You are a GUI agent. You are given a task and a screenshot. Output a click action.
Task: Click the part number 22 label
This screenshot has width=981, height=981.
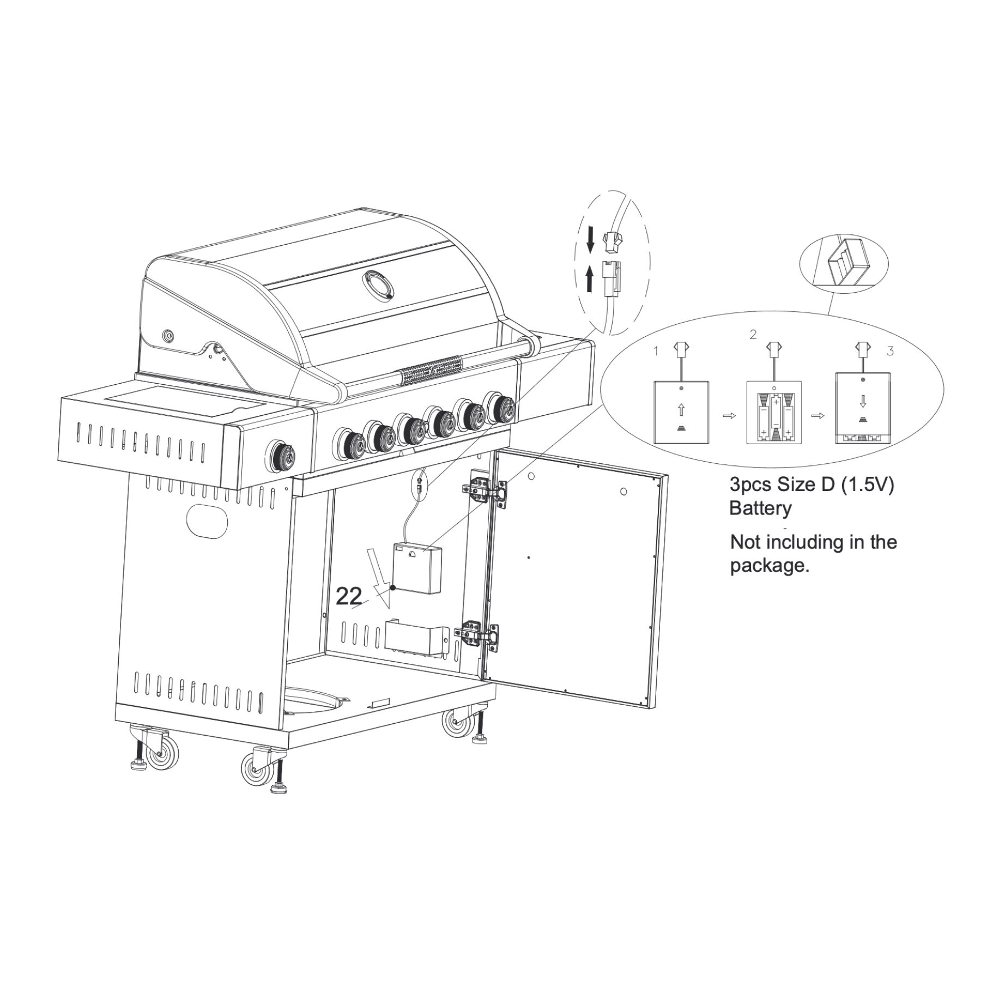click(x=349, y=596)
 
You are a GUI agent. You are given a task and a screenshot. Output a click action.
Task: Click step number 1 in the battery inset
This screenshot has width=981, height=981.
click(x=656, y=352)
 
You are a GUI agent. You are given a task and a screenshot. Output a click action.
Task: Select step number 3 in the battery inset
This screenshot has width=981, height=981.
click(x=890, y=352)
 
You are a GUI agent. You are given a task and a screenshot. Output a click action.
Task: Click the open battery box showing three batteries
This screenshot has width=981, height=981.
click(x=774, y=412)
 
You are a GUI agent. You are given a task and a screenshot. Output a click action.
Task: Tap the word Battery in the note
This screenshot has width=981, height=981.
click(x=760, y=508)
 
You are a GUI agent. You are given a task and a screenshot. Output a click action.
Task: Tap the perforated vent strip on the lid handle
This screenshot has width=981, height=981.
click(x=431, y=368)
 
